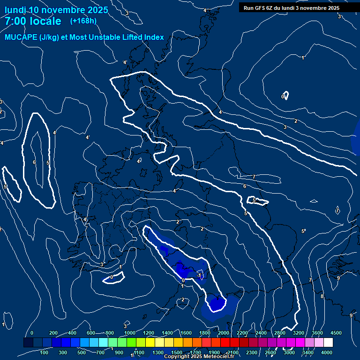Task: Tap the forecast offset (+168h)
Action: tap(83, 21)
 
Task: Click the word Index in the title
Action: tap(154, 37)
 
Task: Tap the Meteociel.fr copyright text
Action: tap(199, 357)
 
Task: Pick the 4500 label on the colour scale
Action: tap(336, 333)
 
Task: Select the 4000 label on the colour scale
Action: tap(327, 352)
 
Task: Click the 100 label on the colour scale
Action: tap(44, 352)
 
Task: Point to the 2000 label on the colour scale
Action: tap(224, 333)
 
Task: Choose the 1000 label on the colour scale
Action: tap(129, 333)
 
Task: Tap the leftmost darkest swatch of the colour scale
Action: tap(28, 343)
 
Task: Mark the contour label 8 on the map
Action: tap(322, 296)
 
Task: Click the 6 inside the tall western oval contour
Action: tap(34, 162)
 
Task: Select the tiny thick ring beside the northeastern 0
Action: tap(285, 95)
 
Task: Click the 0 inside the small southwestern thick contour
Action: tap(111, 277)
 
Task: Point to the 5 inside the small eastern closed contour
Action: tap(254, 200)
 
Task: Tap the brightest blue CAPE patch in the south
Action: tap(217, 304)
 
